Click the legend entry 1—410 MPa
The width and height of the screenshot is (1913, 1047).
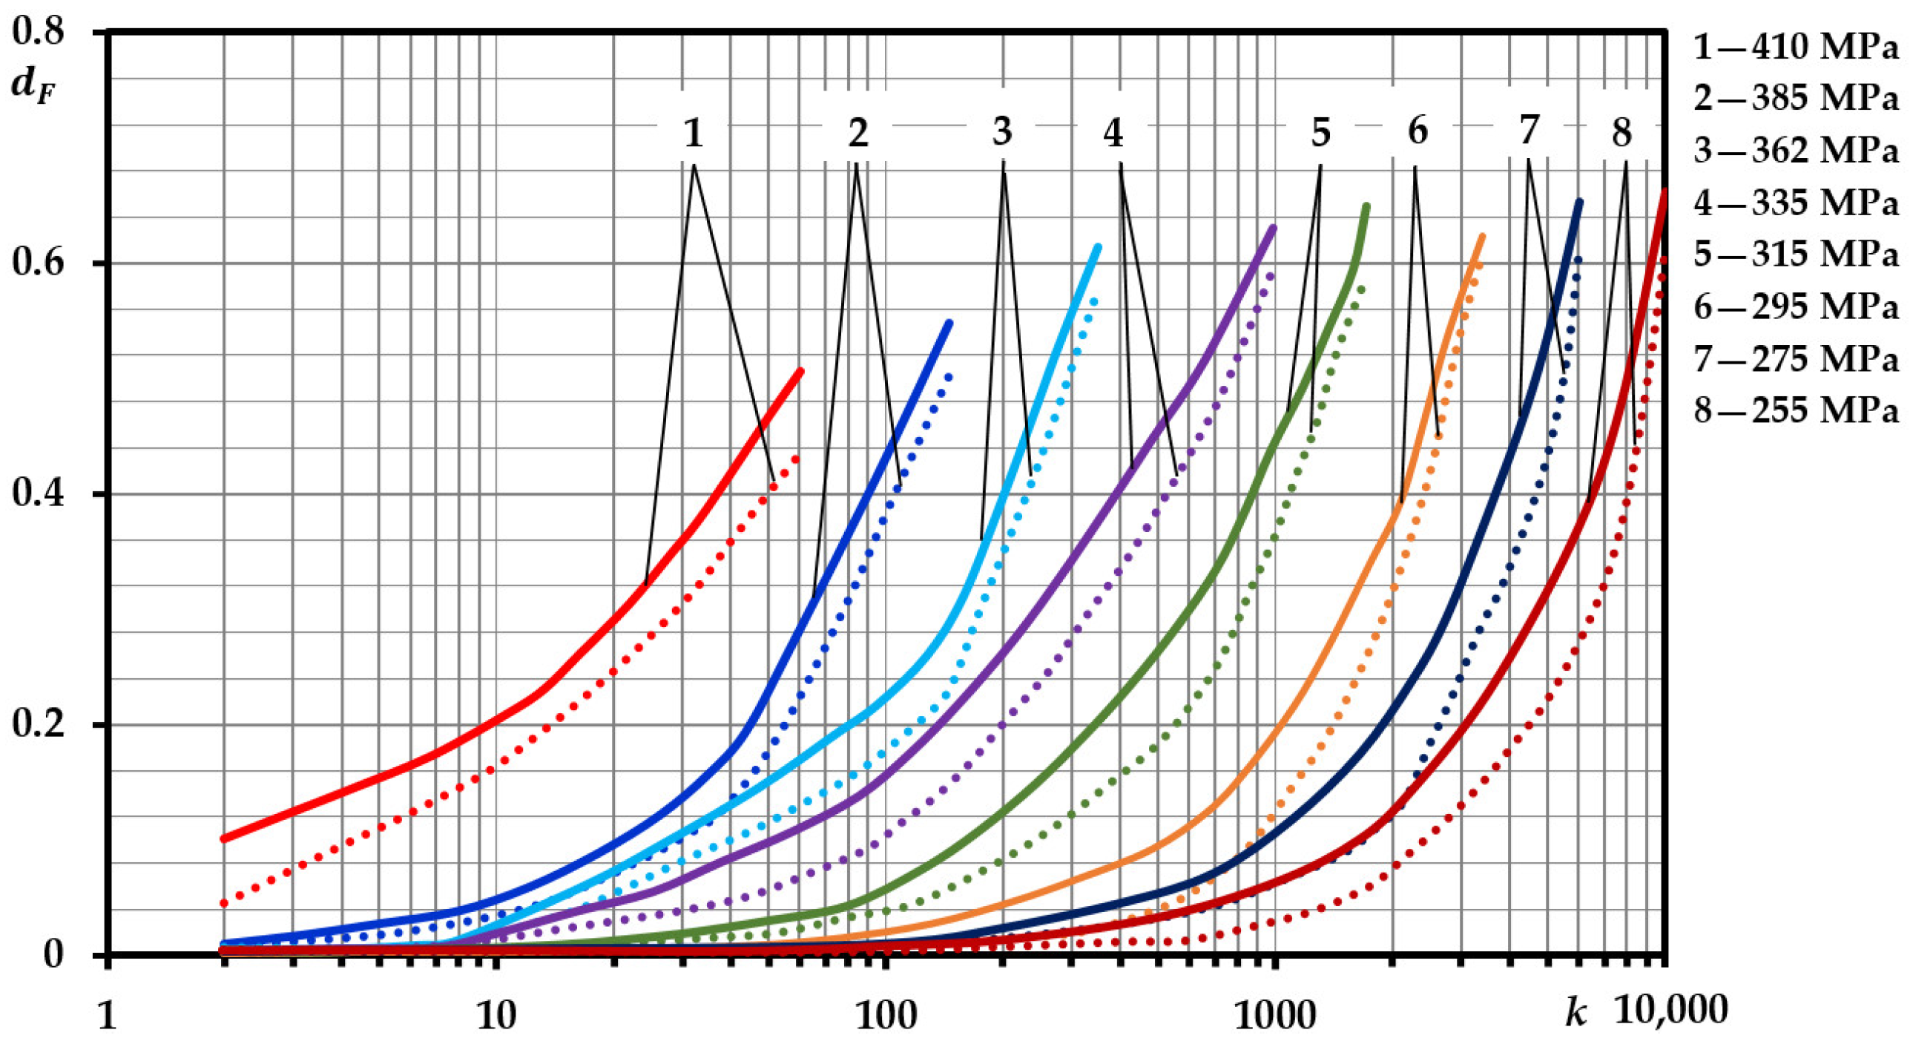coord(1795,47)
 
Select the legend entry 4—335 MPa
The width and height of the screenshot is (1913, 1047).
coord(1795,203)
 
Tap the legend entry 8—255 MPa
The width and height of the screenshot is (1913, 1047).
coord(1795,410)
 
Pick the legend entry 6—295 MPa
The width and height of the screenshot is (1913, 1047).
coord(1795,307)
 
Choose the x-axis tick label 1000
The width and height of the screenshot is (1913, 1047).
coord(1274,1014)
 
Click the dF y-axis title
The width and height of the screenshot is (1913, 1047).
coord(33,88)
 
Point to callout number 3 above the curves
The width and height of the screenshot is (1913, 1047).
coord(1003,132)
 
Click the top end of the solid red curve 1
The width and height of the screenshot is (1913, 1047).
coord(800,370)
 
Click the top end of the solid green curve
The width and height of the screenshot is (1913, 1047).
coord(1366,206)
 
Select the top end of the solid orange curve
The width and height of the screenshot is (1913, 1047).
coord(1482,237)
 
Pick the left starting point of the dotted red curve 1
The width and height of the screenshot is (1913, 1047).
coord(224,904)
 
